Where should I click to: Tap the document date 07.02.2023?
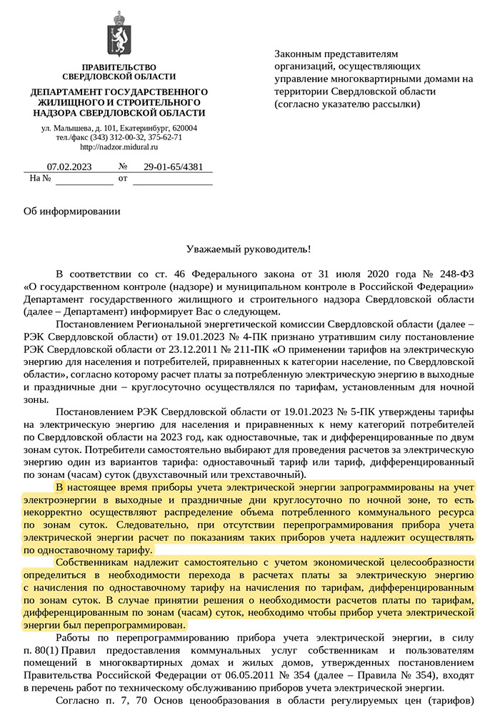click(x=69, y=167)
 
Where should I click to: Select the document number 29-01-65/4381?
click(x=173, y=167)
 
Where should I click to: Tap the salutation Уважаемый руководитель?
click(x=249, y=249)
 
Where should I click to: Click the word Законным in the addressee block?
click(x=299, y=54)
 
